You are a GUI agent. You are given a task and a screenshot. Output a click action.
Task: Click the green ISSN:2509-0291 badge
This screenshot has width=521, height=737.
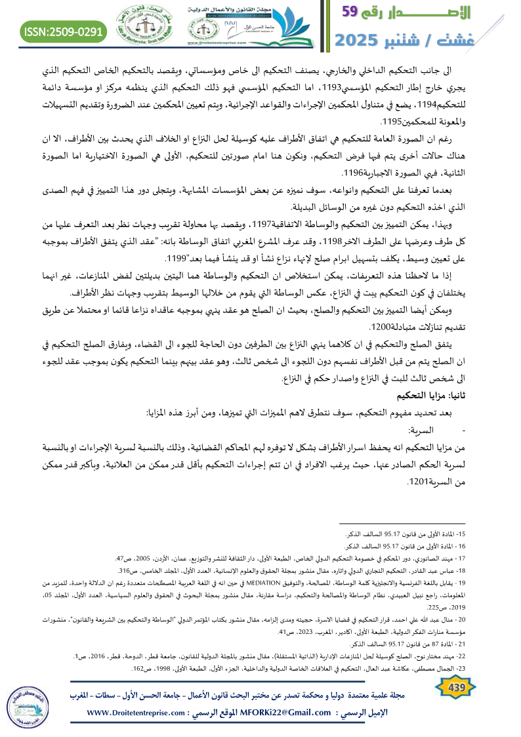coord(64,31)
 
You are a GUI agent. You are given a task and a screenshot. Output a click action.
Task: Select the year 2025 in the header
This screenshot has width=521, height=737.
coord(362,41)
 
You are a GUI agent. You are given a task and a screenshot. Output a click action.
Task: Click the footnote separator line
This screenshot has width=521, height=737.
coord(430,522)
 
